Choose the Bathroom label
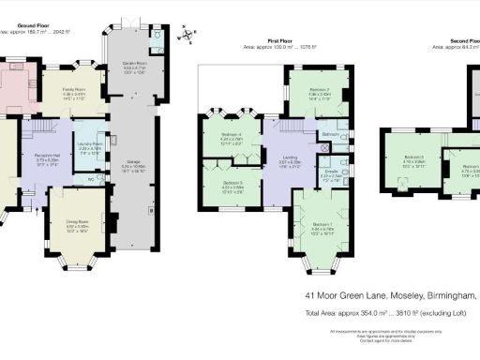pos(329,134)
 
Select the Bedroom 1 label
pos(322,225)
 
